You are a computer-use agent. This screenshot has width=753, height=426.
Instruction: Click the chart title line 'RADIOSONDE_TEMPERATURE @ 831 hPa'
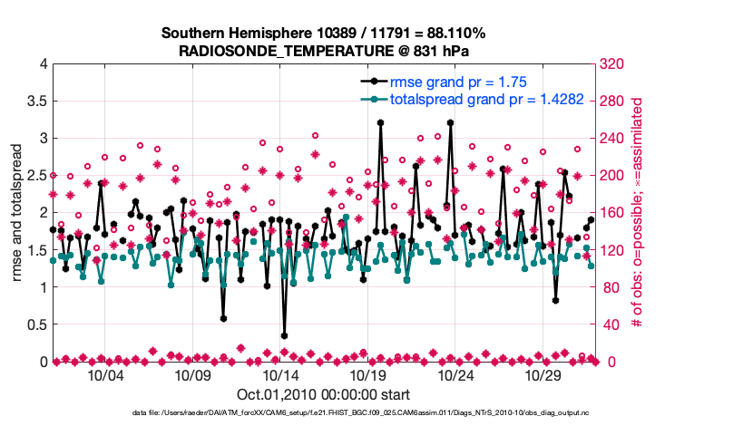(324, 51)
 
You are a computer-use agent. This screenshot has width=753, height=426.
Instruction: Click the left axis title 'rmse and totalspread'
(18, 213)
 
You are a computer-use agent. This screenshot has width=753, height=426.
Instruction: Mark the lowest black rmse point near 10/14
(284, 335)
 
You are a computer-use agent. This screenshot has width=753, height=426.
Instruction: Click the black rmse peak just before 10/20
(380, 122)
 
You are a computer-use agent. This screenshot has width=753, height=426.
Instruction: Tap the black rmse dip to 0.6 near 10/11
(223, 318)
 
